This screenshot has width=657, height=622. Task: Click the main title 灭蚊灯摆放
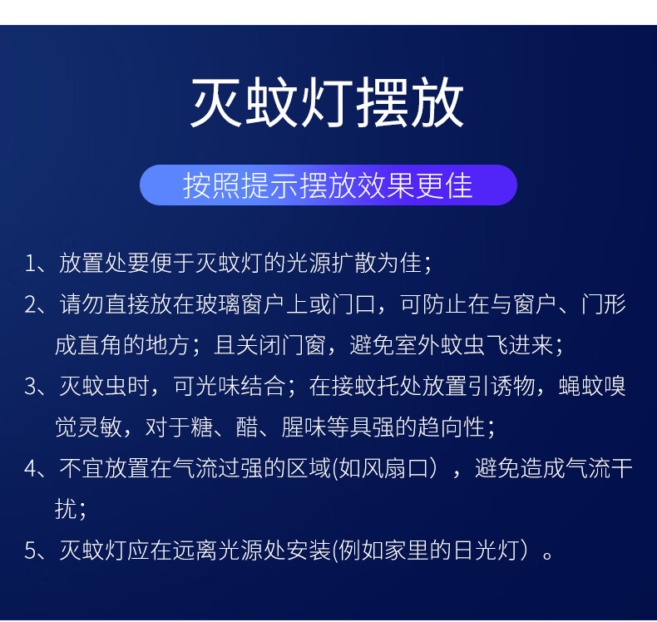[x=327, y=101]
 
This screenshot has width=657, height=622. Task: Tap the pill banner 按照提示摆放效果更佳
[x=328, y=185]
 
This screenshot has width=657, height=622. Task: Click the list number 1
[x=30, y=264]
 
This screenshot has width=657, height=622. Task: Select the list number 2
[x=31, y=304]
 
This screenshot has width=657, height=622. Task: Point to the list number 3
[x=31, y=386]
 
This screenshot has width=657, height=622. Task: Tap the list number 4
[x=31, y=468]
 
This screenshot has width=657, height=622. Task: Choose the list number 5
[x=31, y=550]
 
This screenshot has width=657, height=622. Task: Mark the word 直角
[x=100, y=345]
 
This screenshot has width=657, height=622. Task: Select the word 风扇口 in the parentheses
[x=383, y=468]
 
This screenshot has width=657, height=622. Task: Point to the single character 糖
[x=201, y=427]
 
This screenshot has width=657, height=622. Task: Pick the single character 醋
[x=247, y=427]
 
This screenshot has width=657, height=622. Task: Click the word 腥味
[x=304, y=427]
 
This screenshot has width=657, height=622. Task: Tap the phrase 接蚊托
[x=354, y=386]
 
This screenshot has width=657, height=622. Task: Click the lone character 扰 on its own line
[x=67, y=510]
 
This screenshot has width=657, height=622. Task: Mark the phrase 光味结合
[x=230, y=386]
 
